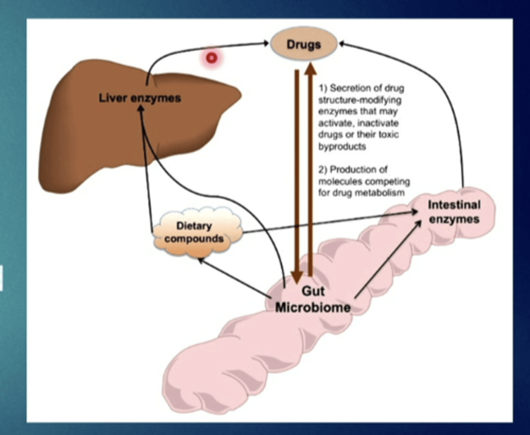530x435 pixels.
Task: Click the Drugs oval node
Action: pos(304,44)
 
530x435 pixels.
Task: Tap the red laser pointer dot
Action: pos(212,58)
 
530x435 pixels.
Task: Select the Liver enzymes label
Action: pos(140,98)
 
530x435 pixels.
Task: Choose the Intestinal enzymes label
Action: pos(454,212)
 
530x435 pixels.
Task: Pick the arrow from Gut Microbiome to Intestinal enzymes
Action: pos(388,259)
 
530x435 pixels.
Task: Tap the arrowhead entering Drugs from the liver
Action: pos(266,44)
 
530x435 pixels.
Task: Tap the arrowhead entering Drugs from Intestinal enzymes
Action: pos(342,44)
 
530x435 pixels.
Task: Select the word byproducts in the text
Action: pos(342,147)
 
